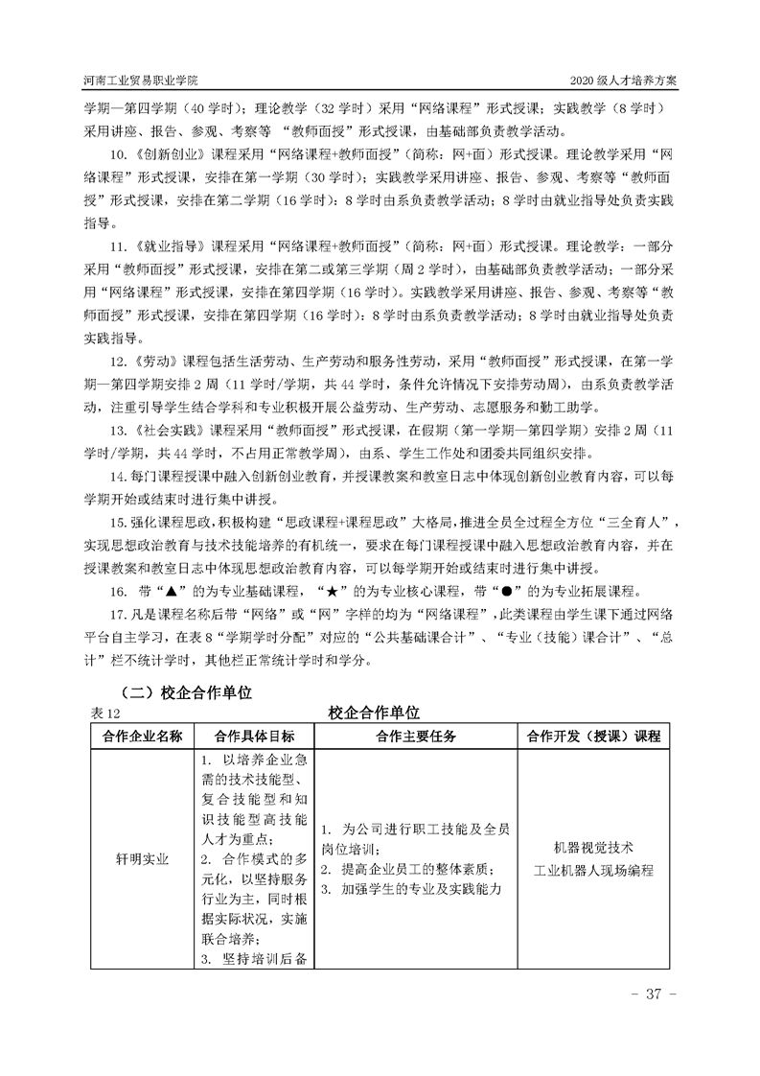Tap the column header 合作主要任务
pyautogui.click(x=415, y=736)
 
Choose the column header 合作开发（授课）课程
pyautogui.click(x=593, y=736)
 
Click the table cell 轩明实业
pyautogui.click(x=136, y=859)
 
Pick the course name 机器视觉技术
pyautogui.click(x=593, y=848)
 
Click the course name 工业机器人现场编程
pyautogui.click(x=593, y=870)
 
